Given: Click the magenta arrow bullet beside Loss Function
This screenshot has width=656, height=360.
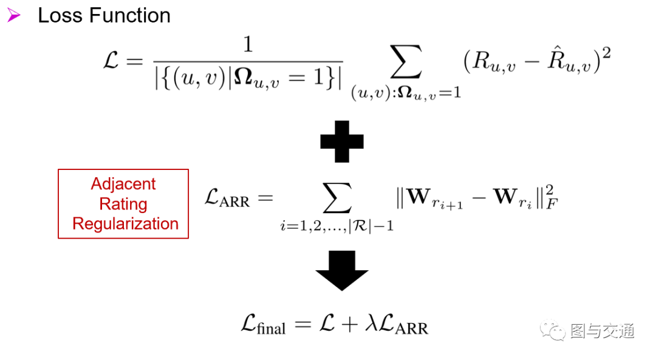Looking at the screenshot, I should click(x=14, y=16).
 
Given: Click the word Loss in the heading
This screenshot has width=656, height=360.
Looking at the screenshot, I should click(x=60, y=16).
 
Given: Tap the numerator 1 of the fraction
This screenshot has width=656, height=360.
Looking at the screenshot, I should click(x=247, y=46).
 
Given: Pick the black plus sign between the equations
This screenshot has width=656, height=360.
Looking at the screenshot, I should click(x=341, y=141).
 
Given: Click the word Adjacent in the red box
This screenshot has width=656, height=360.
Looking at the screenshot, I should click(x=123, y=184).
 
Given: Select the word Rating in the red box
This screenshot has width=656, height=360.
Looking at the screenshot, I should click(x=123, y=204).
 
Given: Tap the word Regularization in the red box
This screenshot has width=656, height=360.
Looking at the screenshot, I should click(x=125, y=224).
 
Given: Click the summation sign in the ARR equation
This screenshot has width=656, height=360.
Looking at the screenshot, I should click(x=337, y=198).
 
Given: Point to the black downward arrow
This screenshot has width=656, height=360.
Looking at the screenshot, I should click(x=342, y=270).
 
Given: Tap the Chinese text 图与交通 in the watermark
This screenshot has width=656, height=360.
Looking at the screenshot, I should click(x=602, y=331).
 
